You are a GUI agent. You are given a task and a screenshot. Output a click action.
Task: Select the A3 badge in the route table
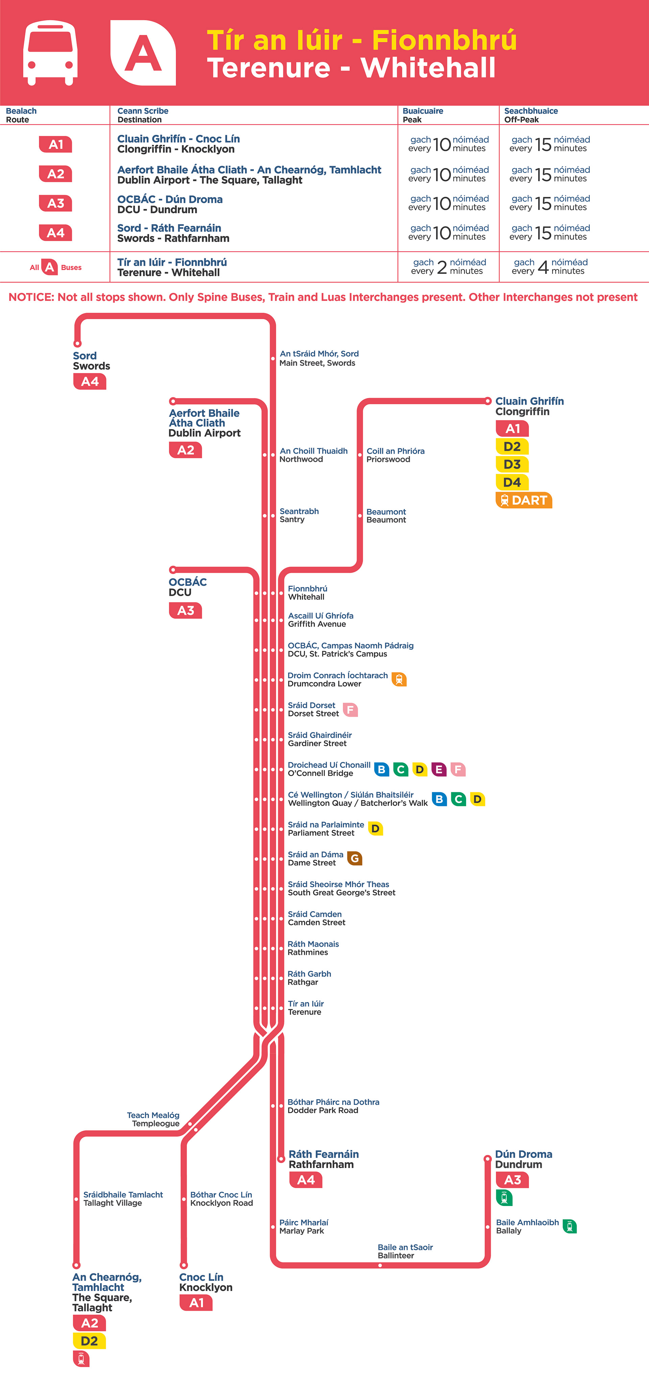[56, 203]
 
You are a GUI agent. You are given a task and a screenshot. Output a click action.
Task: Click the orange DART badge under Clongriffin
[524, 500]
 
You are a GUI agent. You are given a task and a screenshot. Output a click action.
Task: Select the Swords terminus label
[91, 361]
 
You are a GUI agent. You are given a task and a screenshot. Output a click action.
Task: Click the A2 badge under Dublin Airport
[186, 450]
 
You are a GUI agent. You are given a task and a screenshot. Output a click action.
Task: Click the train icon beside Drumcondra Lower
[399, 680]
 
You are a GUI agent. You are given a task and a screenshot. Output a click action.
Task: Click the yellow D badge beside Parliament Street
[375, 828]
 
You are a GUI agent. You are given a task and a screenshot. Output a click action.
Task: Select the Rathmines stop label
[313, 948]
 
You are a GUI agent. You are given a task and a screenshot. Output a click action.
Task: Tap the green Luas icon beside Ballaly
[570, 1226]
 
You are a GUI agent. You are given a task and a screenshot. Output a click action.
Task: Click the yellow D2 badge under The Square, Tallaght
[89, 1341]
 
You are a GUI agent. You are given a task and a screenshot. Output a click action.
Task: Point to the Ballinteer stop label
[405, 1251]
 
